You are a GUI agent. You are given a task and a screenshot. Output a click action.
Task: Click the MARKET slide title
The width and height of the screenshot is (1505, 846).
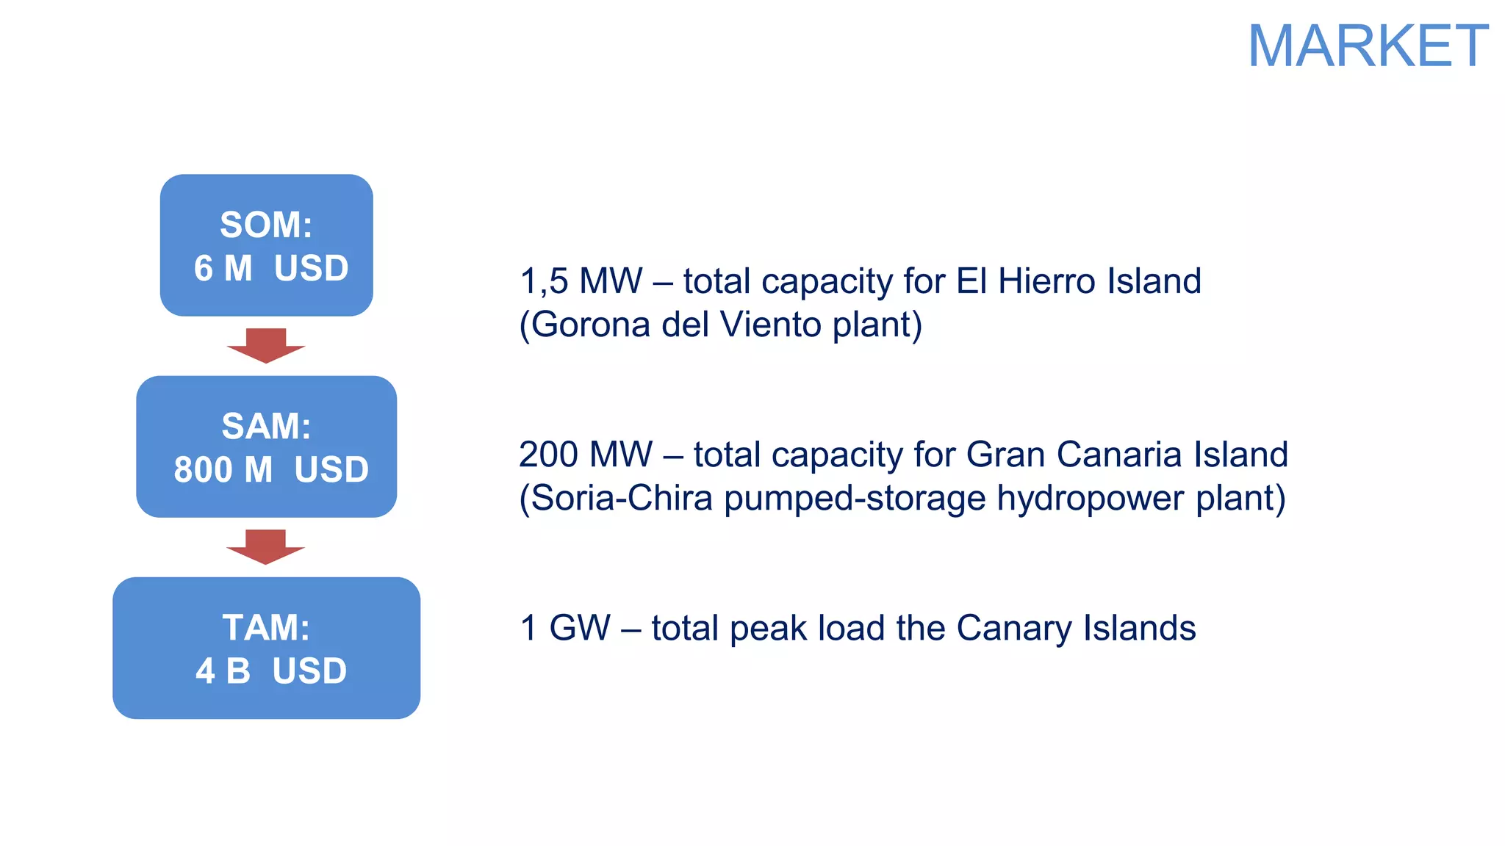point(1368,46)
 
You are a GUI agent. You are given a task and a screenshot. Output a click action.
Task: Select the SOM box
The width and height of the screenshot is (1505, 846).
point(266,245)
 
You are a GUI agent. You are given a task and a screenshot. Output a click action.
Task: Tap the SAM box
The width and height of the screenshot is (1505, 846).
point(266,446)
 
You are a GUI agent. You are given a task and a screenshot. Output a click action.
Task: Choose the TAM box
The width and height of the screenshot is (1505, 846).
point(266,648)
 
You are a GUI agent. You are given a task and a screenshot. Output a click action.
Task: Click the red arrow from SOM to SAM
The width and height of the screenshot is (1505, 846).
point(266,345)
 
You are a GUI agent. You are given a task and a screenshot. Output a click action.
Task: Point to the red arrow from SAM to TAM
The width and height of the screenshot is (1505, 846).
point(266,546)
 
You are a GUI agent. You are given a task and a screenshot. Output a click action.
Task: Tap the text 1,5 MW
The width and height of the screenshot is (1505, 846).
point(581,281)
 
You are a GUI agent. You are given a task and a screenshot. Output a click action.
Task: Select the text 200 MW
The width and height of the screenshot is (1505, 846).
point(585,455)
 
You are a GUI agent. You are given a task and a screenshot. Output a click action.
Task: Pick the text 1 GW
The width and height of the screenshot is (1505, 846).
point(564,628)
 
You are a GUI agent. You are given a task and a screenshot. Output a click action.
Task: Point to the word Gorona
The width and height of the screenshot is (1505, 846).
point(590,325)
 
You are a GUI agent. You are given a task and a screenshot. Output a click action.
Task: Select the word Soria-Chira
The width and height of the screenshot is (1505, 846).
point(622,498)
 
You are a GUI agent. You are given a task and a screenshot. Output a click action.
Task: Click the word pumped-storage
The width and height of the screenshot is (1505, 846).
point(855,498)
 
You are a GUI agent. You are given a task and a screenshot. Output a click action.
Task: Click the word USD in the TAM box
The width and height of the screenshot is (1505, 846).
point(309,671)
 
